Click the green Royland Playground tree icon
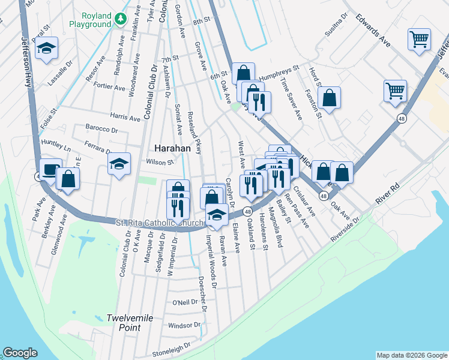(121, 19)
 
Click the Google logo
(20, 353)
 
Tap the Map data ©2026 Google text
(411, 355)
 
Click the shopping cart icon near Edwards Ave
(419, 40)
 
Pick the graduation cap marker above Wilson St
(119, 163)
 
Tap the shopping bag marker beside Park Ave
(68, 178)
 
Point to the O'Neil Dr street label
(185, 302)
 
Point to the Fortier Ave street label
(109, 86)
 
